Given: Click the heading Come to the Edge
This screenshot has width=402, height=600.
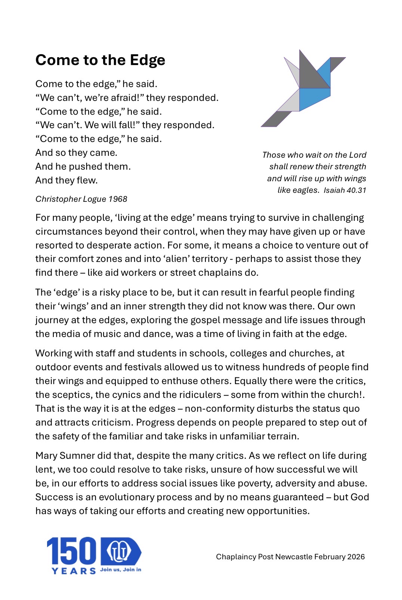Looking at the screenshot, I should [x=100, y=60].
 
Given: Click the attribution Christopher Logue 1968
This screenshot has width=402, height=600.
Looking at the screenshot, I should [x=81, y=199].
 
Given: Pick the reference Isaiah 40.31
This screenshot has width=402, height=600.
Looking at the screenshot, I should [x=345, y=191].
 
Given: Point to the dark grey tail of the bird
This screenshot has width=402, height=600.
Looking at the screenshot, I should [x=276, y=119].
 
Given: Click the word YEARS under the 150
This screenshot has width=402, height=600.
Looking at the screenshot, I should [x=74, y=571].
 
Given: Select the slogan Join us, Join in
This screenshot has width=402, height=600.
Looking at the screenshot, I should [x=120, y=570].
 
